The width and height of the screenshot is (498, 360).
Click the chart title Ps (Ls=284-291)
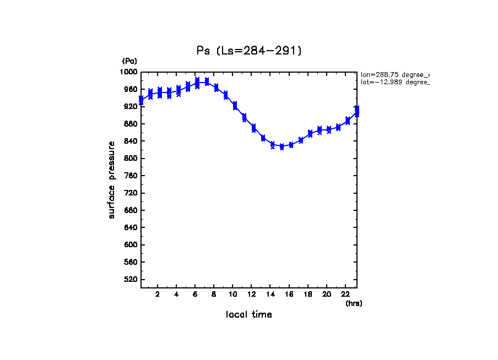(x=249, y=51)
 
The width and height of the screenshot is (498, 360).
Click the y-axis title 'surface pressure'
(x=112, y=179)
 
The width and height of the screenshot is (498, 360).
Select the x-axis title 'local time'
(x=249, y=315)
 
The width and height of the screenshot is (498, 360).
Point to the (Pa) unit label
(x=129, y=61)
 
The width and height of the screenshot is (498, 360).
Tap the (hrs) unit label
(x=354, y=303)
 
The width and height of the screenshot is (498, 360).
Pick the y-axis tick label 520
(x=131, y=280)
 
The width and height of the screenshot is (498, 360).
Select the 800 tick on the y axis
(x=131, y=159)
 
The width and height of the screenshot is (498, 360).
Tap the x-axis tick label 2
(x=158, y=294)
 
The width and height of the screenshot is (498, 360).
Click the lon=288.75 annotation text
(x=394, y=74)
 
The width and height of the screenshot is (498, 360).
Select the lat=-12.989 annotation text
(x=394, y=82)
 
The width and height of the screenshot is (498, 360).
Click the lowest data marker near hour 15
(x=282, y=147)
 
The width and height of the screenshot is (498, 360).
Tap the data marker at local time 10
(x=235, y=105)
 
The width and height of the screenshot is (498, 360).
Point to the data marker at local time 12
(x=253, y=128)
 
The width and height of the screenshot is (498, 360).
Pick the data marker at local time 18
(x=310, y=133)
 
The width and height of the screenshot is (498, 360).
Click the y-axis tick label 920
(x=131, y=106)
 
